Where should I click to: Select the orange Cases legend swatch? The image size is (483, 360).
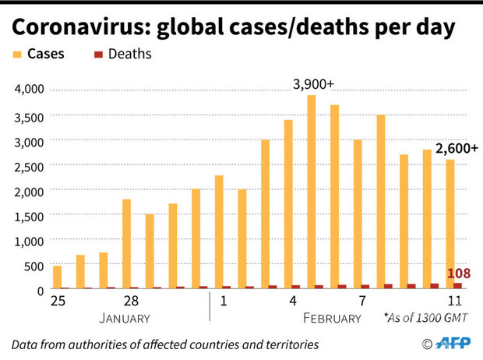pos(17,55)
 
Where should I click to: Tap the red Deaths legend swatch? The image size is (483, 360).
pos(98,55)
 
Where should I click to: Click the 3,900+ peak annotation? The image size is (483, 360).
pos(312,83)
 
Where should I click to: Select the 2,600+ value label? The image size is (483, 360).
pos(457,148)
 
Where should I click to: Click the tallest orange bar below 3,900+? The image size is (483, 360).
pos(311,191)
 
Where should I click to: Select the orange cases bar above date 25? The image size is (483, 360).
pos(57,277)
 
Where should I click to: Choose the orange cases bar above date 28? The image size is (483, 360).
pos(126,243)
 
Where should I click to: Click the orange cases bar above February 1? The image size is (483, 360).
pos(219,231)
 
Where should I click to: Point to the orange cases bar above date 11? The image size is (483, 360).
pos(450,224)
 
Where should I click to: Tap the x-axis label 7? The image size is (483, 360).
pos(363,301)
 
